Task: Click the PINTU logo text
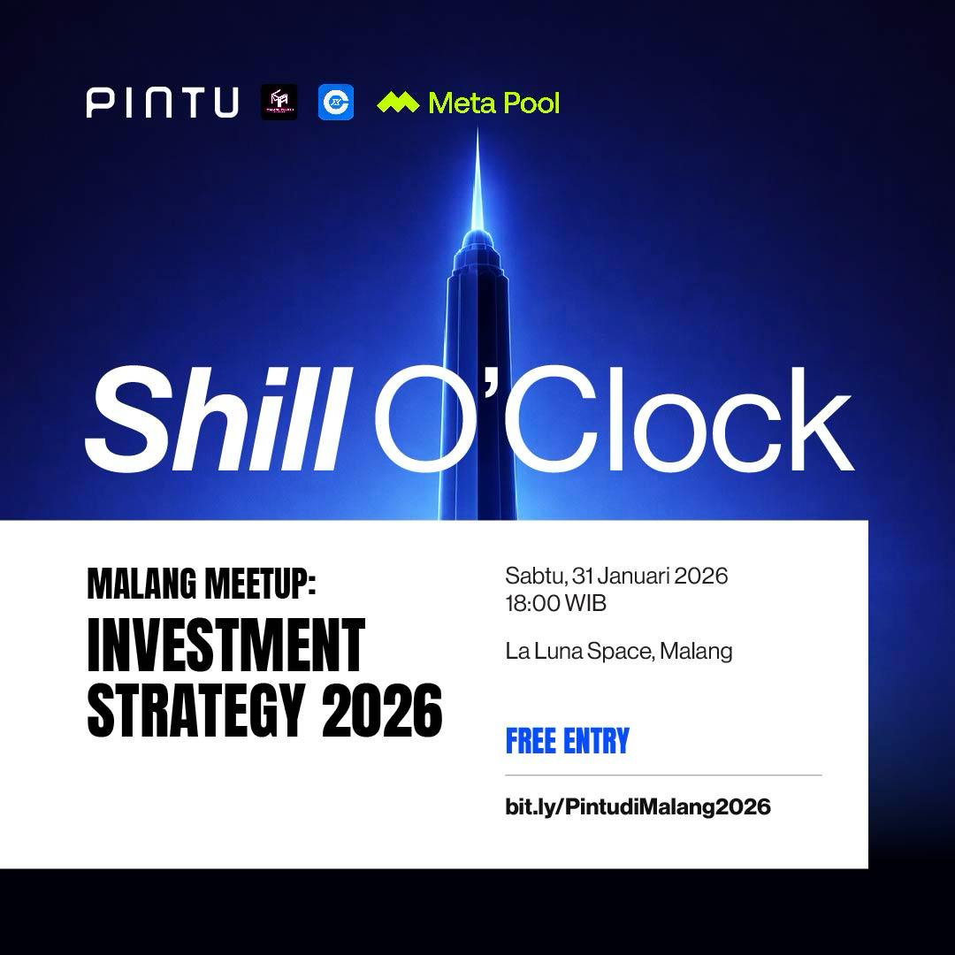tap(163, 102)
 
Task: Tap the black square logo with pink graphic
tap(279, 102)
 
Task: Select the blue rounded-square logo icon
tap(336, 102)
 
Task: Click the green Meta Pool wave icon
tap(398, 103)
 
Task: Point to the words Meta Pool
tap(493, 103)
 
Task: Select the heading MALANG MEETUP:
tap(201, 584)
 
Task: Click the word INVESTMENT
tap(225, 646)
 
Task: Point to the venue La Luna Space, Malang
tap(619, 652)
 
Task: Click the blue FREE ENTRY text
tap(567, 741)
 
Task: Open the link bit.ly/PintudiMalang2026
tap(638, 806)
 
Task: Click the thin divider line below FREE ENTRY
tap(663, 775)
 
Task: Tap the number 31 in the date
tap(582, 577)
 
